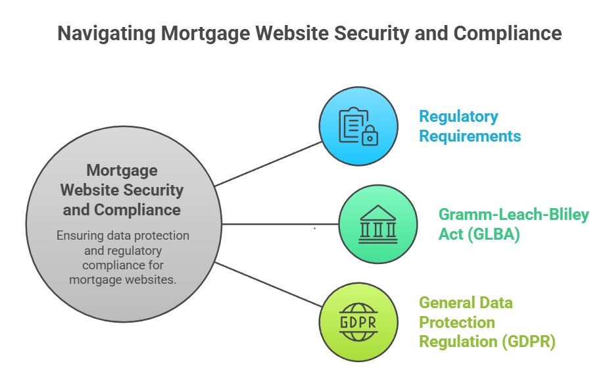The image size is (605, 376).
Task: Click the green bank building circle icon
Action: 377,224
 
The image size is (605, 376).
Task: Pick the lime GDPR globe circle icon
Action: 358,322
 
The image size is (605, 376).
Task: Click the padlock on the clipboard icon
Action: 371,136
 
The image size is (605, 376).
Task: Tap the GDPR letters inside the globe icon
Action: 358,323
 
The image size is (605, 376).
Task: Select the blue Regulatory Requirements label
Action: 470,126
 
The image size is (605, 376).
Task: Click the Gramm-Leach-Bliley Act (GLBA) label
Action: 514,224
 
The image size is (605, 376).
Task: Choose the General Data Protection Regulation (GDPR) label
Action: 487,323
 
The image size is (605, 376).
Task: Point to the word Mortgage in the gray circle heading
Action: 122,171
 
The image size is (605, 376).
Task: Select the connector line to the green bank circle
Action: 276,224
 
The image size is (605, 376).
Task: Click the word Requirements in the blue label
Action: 470,136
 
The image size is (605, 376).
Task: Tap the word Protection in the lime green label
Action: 457,323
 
